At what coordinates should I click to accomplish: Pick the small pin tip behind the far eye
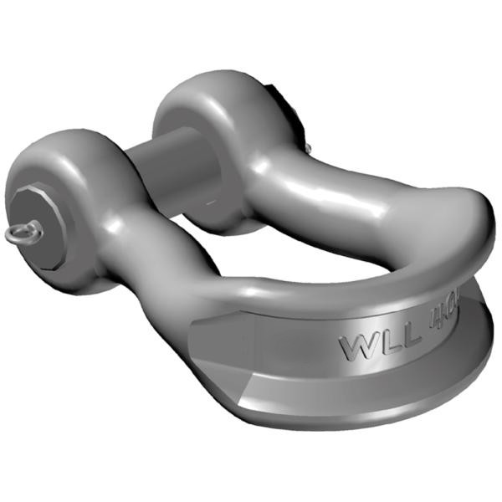(307, 148)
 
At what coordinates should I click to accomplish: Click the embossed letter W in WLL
(354, 346)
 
